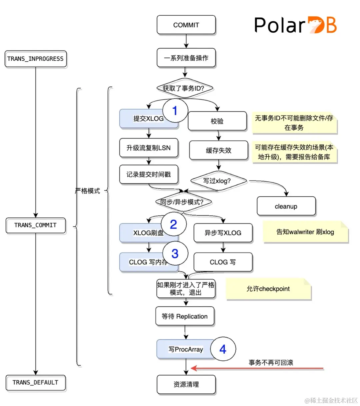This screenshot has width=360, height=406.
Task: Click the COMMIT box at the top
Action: tap(186, 25)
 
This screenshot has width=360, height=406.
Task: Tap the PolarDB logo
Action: tap(295, 25)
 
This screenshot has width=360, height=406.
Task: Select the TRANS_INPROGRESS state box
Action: tap(36, 59)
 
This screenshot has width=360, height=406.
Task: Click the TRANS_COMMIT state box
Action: tap(36, 225)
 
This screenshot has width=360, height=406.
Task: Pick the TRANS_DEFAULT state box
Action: tap(36, 383)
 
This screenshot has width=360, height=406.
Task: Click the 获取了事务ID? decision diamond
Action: tap(185, 88)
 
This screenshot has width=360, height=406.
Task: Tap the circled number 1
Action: tap(175, 111)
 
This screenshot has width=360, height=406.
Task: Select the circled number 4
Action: tap(223, 349)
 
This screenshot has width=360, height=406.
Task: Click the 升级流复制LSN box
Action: tap(149, 148)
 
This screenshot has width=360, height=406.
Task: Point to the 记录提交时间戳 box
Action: tap(149, 174)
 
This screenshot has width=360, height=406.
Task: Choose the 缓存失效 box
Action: tap(219, 150)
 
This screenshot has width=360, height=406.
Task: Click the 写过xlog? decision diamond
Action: tap(218, 181)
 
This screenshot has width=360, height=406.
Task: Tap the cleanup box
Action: tap(286, 206)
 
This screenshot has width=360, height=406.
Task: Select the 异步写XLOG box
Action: tap(223, 233)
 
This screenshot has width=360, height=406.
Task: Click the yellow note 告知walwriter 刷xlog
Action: tap(305, 232)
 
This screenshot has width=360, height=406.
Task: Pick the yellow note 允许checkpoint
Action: tap(268, 289)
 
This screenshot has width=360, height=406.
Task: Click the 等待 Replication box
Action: tap(185, 316)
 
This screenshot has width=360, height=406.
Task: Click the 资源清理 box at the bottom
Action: tap(186, 385)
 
